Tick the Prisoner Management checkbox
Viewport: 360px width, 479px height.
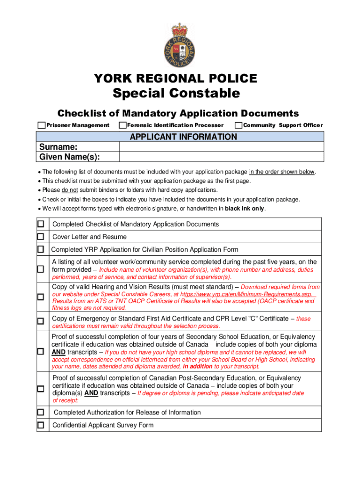(42, 125)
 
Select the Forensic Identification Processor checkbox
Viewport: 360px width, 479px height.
(122, 125)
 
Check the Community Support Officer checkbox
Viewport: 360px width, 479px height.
(238, 125)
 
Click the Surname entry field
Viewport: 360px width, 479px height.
(221, 147)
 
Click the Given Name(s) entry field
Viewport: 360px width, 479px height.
(221, 157)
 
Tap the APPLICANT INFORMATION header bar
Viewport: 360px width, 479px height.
(180, 137)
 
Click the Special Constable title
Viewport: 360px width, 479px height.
(176, 94)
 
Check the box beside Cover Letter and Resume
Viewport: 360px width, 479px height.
(41, 237)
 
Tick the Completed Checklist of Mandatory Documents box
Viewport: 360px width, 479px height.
(41, 224)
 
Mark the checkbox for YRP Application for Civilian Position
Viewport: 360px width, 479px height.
(41, 249)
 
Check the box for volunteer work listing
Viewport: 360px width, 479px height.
(41, 269)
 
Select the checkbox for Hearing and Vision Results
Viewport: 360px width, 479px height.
(41, 297)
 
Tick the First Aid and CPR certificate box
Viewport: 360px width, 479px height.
(41, 321)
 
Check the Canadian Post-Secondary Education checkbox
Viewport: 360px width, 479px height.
(41, 389)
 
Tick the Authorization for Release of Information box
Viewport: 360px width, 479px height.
(41, 412)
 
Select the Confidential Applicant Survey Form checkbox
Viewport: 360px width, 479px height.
(41, 425)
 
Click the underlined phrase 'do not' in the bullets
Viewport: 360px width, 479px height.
(70, 190)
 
